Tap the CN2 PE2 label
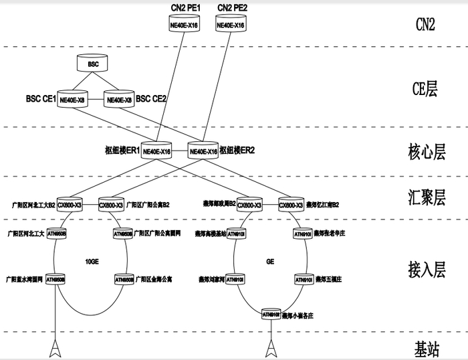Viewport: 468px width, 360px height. point(230,8)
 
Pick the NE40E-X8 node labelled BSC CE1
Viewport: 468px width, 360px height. point(72,99)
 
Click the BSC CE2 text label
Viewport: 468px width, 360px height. point(151,99)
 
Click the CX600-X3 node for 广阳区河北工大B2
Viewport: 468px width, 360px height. point(70,205)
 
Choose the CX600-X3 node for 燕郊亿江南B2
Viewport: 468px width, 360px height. point(291,205)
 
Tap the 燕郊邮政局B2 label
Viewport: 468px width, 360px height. point(219,205)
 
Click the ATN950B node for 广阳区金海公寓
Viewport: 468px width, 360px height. point(124,279)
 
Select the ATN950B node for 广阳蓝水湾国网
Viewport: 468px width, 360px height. point(56,279)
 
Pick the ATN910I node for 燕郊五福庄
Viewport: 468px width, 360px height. point(303,278)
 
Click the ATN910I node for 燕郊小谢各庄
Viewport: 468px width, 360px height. point(271,313)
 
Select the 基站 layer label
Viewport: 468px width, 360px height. point(427,347)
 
